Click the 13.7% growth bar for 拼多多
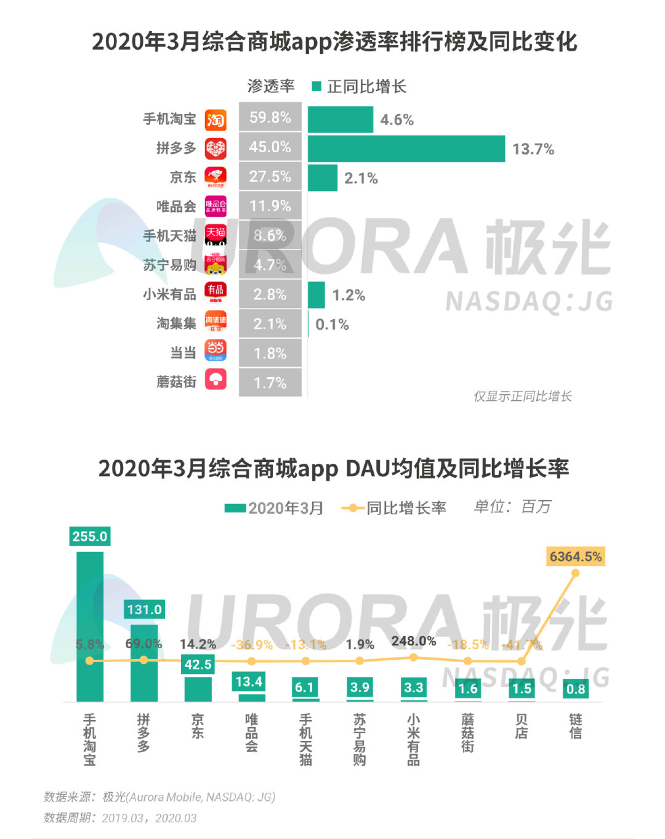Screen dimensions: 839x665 coord(406,149)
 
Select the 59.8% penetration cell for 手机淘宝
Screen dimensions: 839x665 coord(270,118)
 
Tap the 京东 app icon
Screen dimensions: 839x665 coord(216,177)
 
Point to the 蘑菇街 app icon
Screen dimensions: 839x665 coord(216,379)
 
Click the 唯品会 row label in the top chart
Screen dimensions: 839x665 coord(176,206)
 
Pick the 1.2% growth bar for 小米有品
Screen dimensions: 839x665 coord(316,295)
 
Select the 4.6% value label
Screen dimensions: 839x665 coord(397,120)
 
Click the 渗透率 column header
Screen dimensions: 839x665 coord(271,86)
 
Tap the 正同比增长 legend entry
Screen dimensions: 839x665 coord(360,87)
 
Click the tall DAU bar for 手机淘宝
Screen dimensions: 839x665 coord(90,626)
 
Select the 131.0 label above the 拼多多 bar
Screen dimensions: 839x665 coord(144,610)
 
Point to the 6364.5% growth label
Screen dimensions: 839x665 coord(576,557)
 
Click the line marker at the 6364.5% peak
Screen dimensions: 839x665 coord(576,573)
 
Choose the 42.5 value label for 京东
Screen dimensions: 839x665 coord(198,665)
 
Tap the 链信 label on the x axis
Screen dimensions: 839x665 coord(576,726)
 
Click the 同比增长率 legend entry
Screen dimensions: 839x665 coord(394,508)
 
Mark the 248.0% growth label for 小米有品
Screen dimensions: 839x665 coord(414,641)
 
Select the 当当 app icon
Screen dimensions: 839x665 coord(216,351)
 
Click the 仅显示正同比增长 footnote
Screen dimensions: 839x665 coord(522,396)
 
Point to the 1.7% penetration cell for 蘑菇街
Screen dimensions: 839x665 coord(270,383)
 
